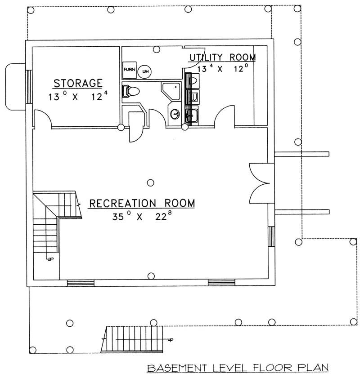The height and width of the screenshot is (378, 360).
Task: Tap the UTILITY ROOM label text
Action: pos(222,58)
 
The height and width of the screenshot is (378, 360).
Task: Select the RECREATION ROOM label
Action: pos(142,203)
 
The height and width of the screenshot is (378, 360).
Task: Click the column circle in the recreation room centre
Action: pos(151,182)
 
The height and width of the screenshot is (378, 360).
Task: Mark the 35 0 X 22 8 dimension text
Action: pos(142,217)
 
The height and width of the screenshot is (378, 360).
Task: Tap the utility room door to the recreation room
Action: pos(225,117)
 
